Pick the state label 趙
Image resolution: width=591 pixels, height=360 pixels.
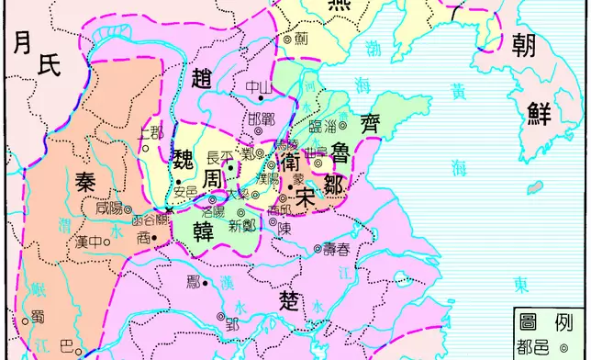(204, 80)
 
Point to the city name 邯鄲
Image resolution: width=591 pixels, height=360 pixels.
(261, 119)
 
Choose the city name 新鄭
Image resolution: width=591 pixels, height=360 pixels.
(242, 227)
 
